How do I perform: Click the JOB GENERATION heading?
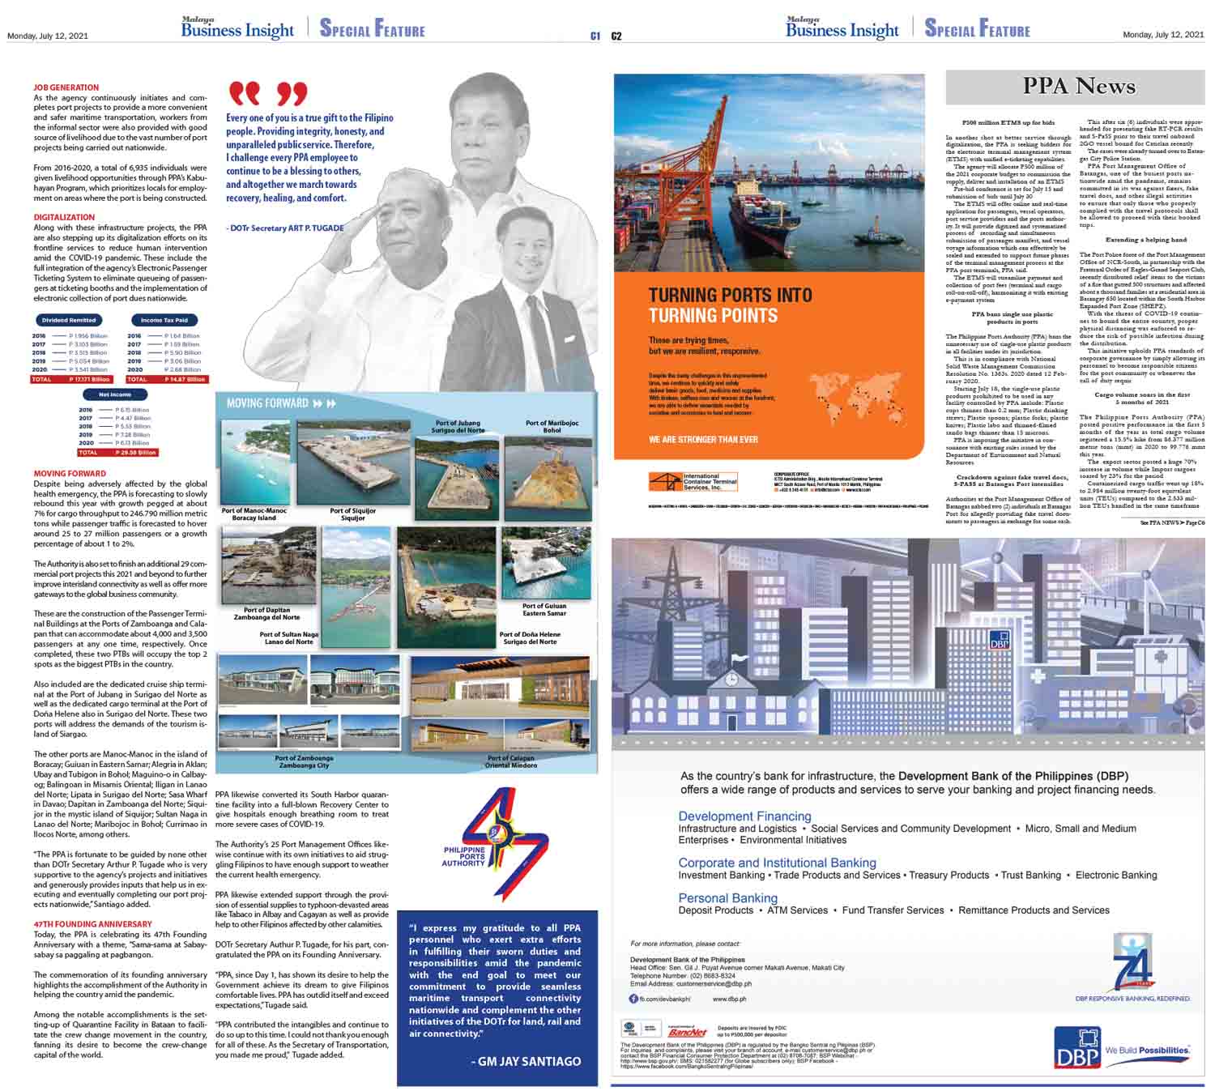pyautogui.click(x=66, y=87)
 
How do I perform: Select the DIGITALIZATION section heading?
pyautogui.click(x=64, y=217)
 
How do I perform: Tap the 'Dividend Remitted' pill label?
pyautogui.click(x=69, y=320)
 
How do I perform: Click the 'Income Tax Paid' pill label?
pyautogui.click(x=164, y=320)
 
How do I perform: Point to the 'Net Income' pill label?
pyautogui.click(x=115, y=394)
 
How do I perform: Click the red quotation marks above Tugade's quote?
pyautogui.click(x=268, y=94)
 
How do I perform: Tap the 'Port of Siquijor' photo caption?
pyautogui.click(x=352, y=514)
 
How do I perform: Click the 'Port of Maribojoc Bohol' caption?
pyautogui.click(x=552, y=426)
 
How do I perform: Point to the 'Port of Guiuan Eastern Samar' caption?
pyautogui.click(x=544, y=609)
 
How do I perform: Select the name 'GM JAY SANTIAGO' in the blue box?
pyautogui.click(x=526, y=1061)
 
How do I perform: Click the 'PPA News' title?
pyautogui.click(x=1079, y=86)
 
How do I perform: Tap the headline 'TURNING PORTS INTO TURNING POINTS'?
pyautogui.click(x=729, y=305)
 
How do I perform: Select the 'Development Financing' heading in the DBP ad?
pyautogui.click(x=744, y=816)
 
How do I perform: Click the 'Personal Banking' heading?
pyautogui.click(x=727, y=897)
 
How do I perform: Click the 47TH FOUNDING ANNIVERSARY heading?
pyautogui.click(x=92, y=924)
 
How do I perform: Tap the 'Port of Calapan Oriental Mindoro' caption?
pyautogui.click(x=510, y=762)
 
